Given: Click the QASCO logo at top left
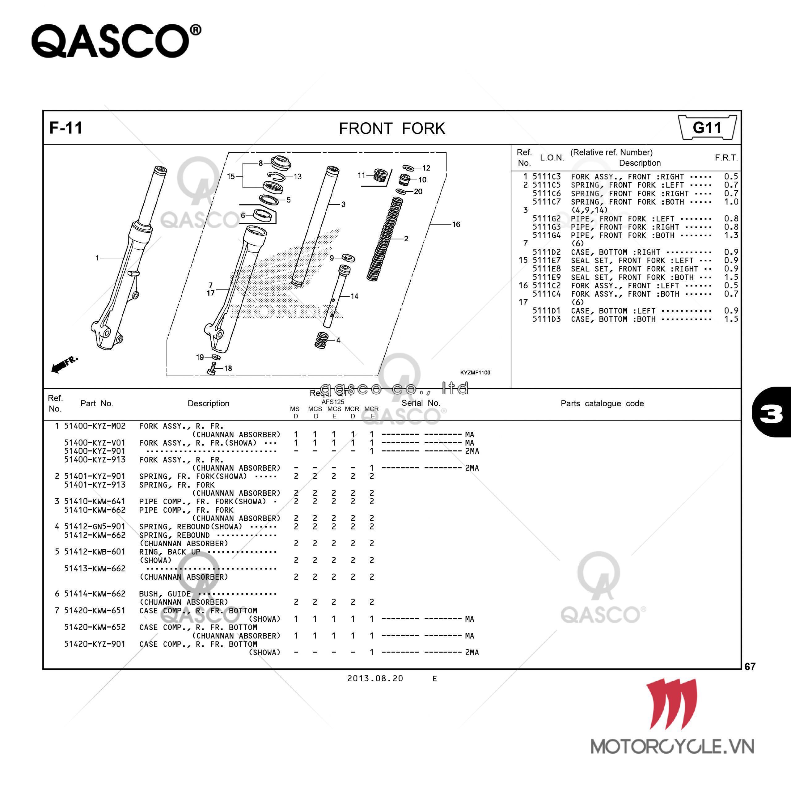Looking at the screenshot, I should pyautogui.click(x=116, y=41).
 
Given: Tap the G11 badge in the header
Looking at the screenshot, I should pyautogui.click(x=707, y=128).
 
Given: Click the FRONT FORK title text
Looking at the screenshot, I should pyautogui.click(x=392, y=129).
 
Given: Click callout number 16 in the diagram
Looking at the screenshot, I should pyautogui.click(x=456, y=224).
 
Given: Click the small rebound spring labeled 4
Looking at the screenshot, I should pyautogui.click(x=322, y=340).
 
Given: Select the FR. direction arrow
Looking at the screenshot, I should pyautogui.click(x=63, y=364).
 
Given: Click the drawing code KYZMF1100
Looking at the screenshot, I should pyautogui.click(x=475, y=373).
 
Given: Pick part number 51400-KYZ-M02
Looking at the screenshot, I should pyautogui.click(x=95, y=426).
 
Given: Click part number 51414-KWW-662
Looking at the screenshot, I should pyautogui.click(x=95, y=593).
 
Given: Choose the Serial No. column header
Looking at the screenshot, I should pyautogui.click(x=421, y=403).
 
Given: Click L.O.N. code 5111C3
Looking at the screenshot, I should pyautogui.click(x=547, y=176).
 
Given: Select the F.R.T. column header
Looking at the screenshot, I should pyautogui.click(x=726, y=158).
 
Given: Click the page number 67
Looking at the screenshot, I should pyautogui.click(x=750, y=666).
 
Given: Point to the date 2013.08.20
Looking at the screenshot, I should pyautogui.click(x=375, y=679).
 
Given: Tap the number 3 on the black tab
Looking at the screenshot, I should pyautogui.click(x=771, y=413).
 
